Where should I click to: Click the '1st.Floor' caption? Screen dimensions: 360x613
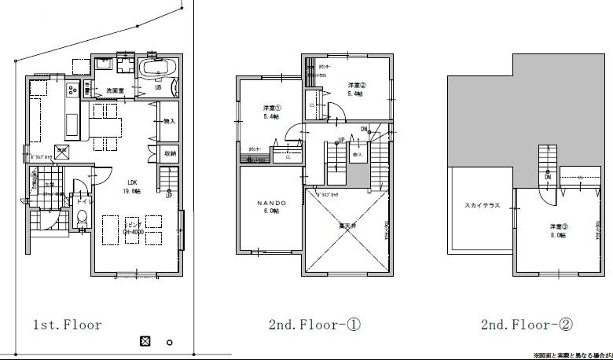coord(67,325)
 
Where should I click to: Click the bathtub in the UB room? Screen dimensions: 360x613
coord(159,70)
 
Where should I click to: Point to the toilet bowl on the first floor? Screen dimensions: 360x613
coord(82,219)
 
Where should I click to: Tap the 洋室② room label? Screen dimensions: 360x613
coord(358,85)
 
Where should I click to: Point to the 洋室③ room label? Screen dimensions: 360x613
coord(559,227)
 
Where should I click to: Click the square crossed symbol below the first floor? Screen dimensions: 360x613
coord(145,341)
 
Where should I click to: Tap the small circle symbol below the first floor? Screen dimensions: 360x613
coord(169,342)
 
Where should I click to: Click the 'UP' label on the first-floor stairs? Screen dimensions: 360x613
coord(168,196)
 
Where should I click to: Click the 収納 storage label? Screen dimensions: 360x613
coord(171,153)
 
